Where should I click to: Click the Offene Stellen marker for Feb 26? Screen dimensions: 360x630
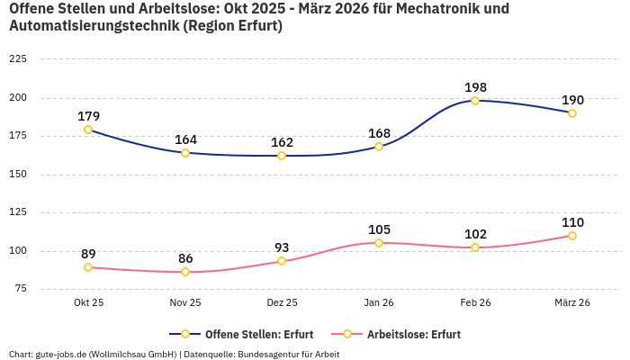click(x=475, y=101)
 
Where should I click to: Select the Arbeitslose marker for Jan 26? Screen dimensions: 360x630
click(x=379, y=243)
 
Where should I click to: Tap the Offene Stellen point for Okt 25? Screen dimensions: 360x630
click(x=88, y=130)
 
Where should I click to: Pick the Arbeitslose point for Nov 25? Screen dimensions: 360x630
click(x=185, y=272)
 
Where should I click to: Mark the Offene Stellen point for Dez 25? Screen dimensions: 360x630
click(x=282, y=156)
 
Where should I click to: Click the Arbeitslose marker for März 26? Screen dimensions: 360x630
click(x=572, y=236)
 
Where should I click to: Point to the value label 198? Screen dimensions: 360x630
click(x=475, y=87)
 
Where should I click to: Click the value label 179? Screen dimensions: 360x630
click(x=88, y=116)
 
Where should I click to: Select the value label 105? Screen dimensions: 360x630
click(x=379, y=229)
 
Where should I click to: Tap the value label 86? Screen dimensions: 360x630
click(x=185, y=258)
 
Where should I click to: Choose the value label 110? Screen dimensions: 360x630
click(x=572, y=222)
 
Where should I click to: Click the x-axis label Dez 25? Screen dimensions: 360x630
click(x=282, y=302)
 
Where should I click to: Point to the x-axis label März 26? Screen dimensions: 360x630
click(x=572, y=302)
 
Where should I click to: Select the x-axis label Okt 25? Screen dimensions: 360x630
click(x=88, y=302)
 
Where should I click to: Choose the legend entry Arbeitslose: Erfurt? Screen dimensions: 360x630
click(x=404, y=334)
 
